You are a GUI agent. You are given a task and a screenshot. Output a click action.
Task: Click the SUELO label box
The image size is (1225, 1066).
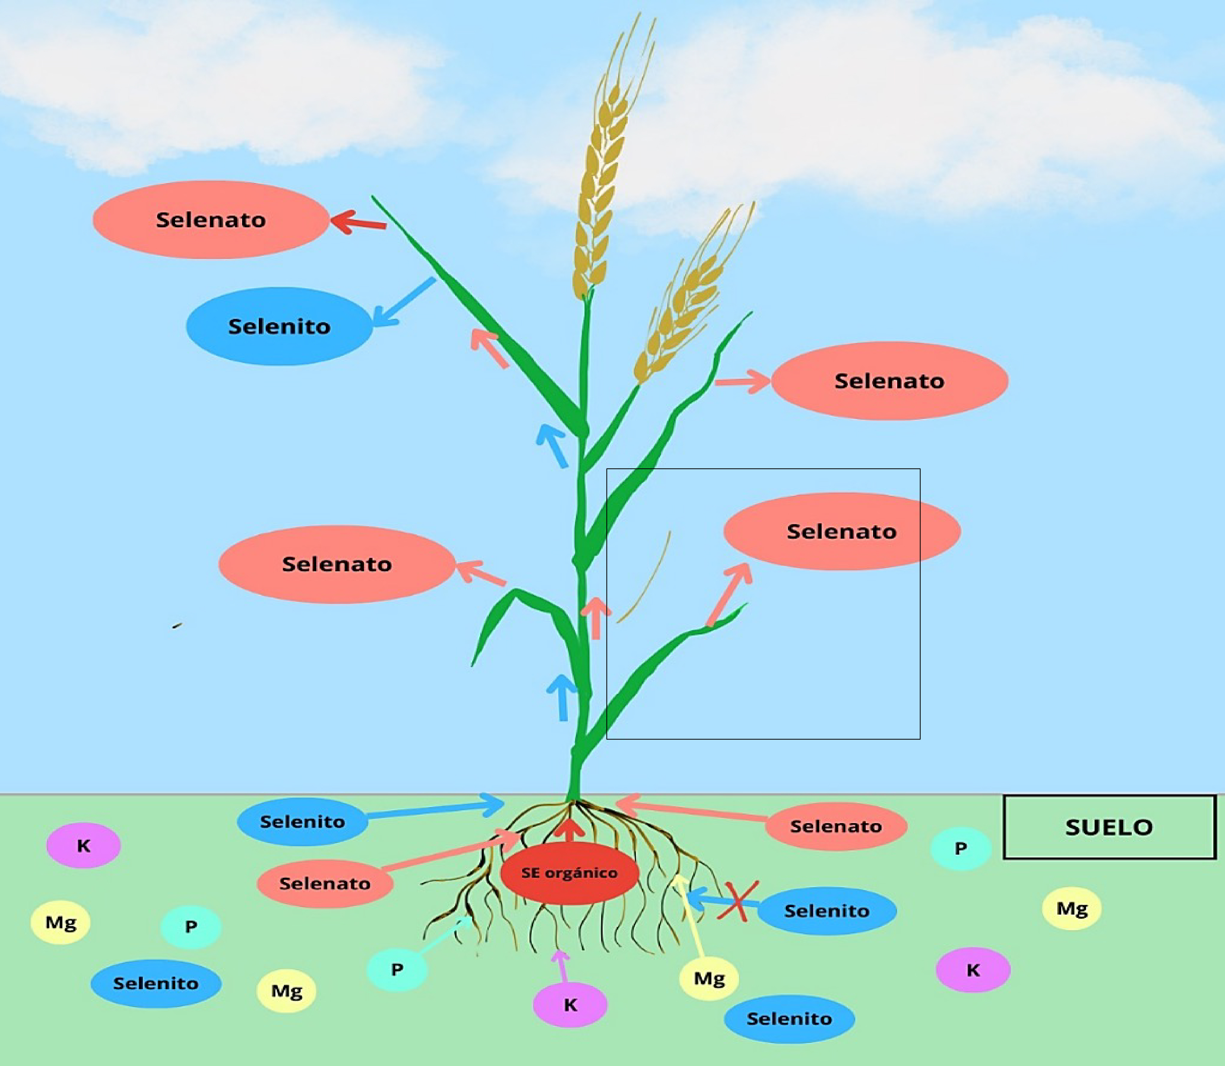1109,827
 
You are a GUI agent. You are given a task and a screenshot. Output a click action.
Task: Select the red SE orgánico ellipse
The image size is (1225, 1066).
570,873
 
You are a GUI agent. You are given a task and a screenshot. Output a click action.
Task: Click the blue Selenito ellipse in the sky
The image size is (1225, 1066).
280,326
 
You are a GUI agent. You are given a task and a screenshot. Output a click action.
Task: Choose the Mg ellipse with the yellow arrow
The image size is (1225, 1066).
709,978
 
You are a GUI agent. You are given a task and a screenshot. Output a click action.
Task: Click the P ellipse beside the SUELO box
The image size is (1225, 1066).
960,849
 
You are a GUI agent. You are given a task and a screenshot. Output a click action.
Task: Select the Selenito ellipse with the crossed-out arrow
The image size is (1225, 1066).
827,911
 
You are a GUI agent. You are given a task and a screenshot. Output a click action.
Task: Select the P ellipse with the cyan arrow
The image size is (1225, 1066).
397,970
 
